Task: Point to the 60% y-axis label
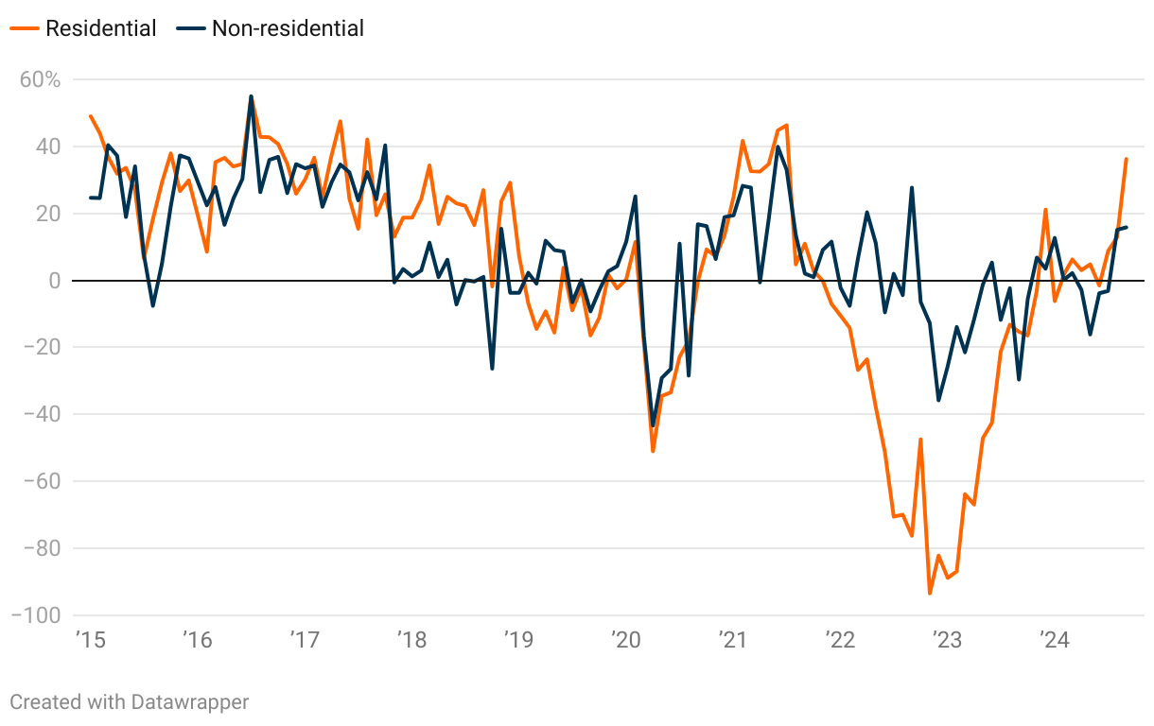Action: coord(41,79)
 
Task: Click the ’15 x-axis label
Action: coord(90,641)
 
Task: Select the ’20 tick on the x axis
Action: coord(626,641)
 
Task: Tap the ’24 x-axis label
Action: coord(1055,641)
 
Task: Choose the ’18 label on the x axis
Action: coord(411,641)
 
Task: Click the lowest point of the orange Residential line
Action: coord(930,594)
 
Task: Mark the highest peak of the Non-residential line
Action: coord(251,96)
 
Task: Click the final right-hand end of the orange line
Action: coord(1126,159)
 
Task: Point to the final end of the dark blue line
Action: coord(1126,227)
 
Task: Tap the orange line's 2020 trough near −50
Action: coord(653,451)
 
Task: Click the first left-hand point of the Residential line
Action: coord(91,116)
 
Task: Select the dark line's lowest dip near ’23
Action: coord(938,400)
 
